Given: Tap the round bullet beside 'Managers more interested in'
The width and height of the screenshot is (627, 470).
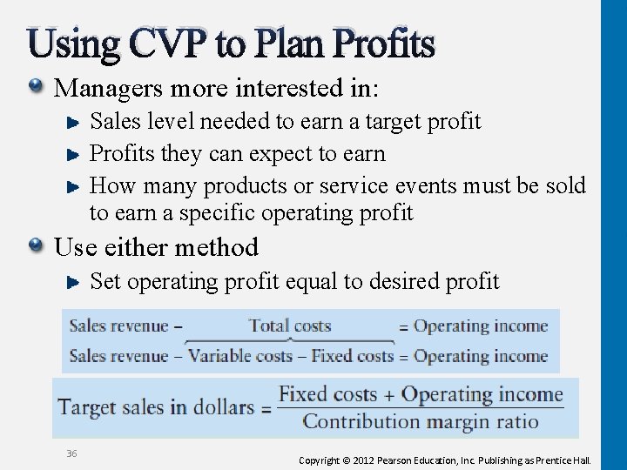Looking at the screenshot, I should (x=36, y=87).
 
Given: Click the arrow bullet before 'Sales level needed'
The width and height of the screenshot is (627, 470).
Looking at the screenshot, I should (x=75, y=122).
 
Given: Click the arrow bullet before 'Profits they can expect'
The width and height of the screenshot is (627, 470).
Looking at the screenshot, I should (x=75, y=154).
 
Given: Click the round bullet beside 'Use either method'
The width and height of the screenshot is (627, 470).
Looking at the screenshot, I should (x=36, y=247).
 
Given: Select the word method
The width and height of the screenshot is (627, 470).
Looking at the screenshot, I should (x=218, y=247).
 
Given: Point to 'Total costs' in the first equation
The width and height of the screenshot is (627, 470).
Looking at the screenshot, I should (x=290, y=326).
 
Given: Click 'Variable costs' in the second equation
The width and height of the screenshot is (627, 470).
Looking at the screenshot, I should (x=240, y=356).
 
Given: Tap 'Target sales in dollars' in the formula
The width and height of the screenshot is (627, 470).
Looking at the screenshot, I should (x=156, y=407).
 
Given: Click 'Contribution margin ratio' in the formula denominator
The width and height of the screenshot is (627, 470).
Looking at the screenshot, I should (x=421, y=422).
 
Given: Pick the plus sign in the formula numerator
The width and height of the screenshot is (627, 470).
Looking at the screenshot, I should (x=388, y=394).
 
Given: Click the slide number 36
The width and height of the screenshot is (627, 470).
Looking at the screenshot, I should (x=71, y=453).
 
